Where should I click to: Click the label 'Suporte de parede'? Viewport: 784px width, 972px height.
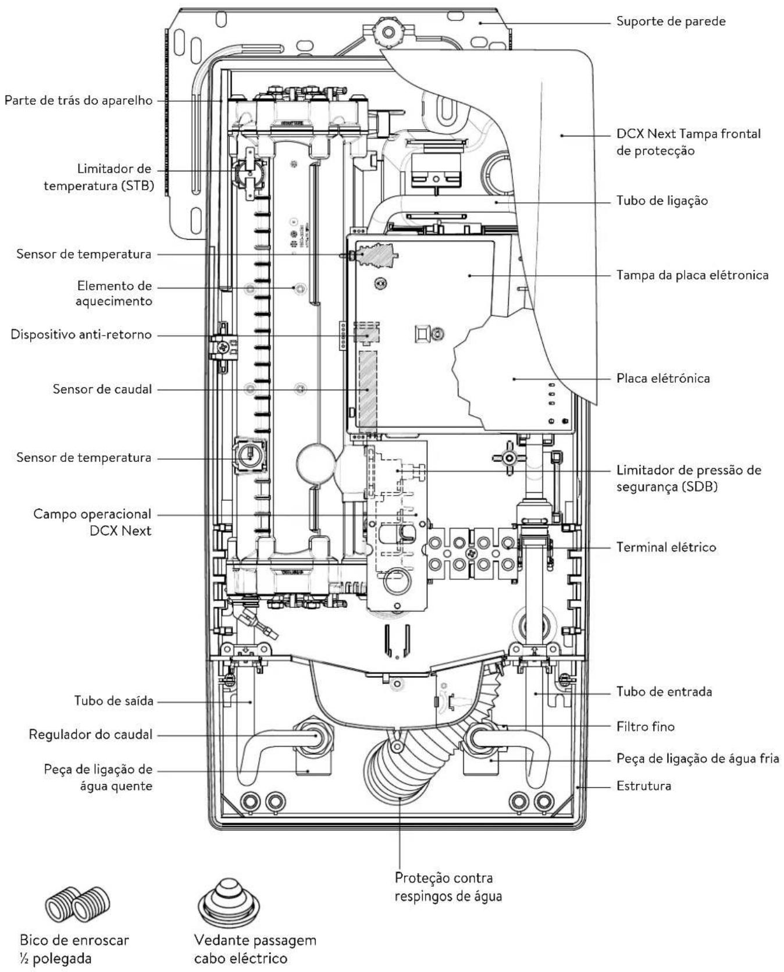(671, 22)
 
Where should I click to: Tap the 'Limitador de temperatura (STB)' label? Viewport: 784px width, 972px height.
(98, 177)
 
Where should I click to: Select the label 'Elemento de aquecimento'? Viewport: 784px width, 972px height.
(115, 293)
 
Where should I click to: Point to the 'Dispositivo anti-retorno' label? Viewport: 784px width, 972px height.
(81, 334)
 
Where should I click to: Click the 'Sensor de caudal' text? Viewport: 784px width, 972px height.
(102, 389)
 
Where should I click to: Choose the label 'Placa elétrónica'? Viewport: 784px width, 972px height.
(663, 379)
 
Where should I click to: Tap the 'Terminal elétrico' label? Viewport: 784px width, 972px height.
(666, 547)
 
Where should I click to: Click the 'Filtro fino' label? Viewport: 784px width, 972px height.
(646, 727)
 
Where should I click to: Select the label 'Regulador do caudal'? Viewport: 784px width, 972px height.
(91, 735)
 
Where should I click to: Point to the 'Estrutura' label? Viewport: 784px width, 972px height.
(644, 786)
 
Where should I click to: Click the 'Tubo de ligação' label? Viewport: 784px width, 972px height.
(662, 201)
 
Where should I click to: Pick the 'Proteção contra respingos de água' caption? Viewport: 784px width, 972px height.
(448, 886)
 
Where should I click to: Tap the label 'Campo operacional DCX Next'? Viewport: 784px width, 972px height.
(92, 522)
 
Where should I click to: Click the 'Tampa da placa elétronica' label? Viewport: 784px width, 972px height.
(693, 275)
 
